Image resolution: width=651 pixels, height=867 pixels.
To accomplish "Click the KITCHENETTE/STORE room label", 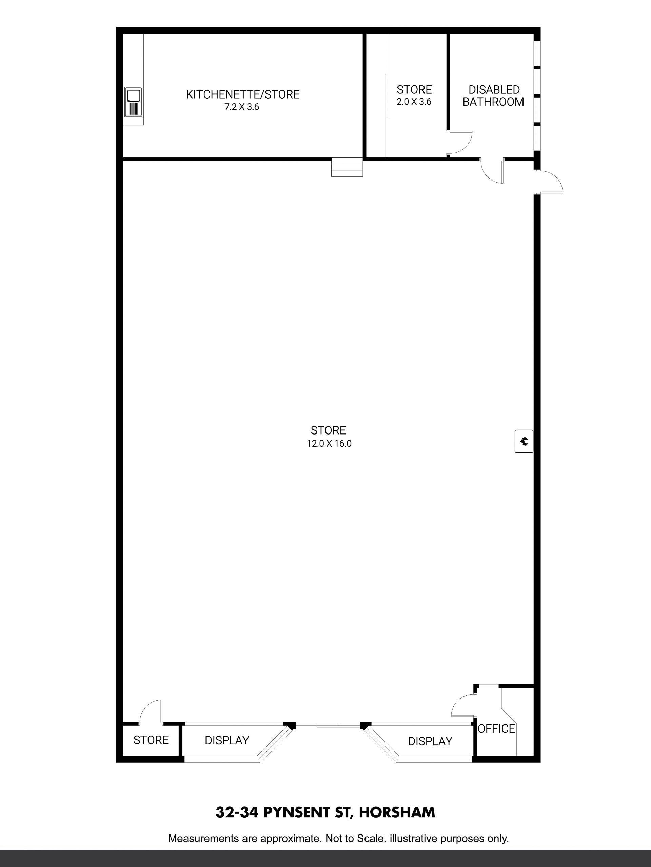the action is tap(242, 94).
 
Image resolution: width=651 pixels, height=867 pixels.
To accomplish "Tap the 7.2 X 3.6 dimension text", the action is tap(242, 107).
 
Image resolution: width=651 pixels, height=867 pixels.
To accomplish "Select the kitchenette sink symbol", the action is tap(133, 102).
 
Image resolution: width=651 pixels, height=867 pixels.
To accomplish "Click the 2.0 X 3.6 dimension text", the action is tap(414, 102).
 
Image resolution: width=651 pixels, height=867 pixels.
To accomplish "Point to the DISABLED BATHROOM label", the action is tap(493, 96).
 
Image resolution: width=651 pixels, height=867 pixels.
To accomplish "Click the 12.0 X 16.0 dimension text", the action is tap(329, 444).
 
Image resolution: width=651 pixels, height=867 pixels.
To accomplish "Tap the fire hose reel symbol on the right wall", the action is tap(524, 441).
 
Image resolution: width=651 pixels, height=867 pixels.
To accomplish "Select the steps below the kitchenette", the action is tap(347, 167).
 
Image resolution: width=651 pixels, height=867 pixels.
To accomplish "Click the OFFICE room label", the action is tap(496, 728).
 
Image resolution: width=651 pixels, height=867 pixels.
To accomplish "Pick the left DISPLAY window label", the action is tap(227, 740).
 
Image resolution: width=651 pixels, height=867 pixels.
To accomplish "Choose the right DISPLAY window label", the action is tap(430, 741).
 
